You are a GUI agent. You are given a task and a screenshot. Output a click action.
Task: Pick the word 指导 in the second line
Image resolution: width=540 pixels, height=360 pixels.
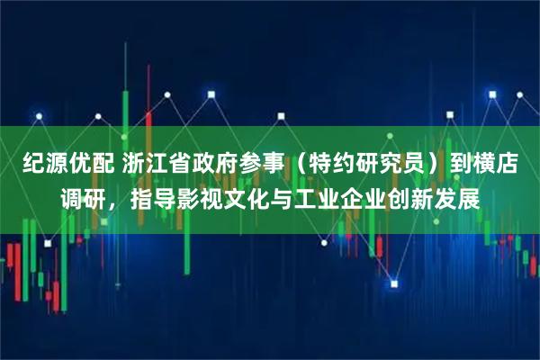click(x=152, y=199)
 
